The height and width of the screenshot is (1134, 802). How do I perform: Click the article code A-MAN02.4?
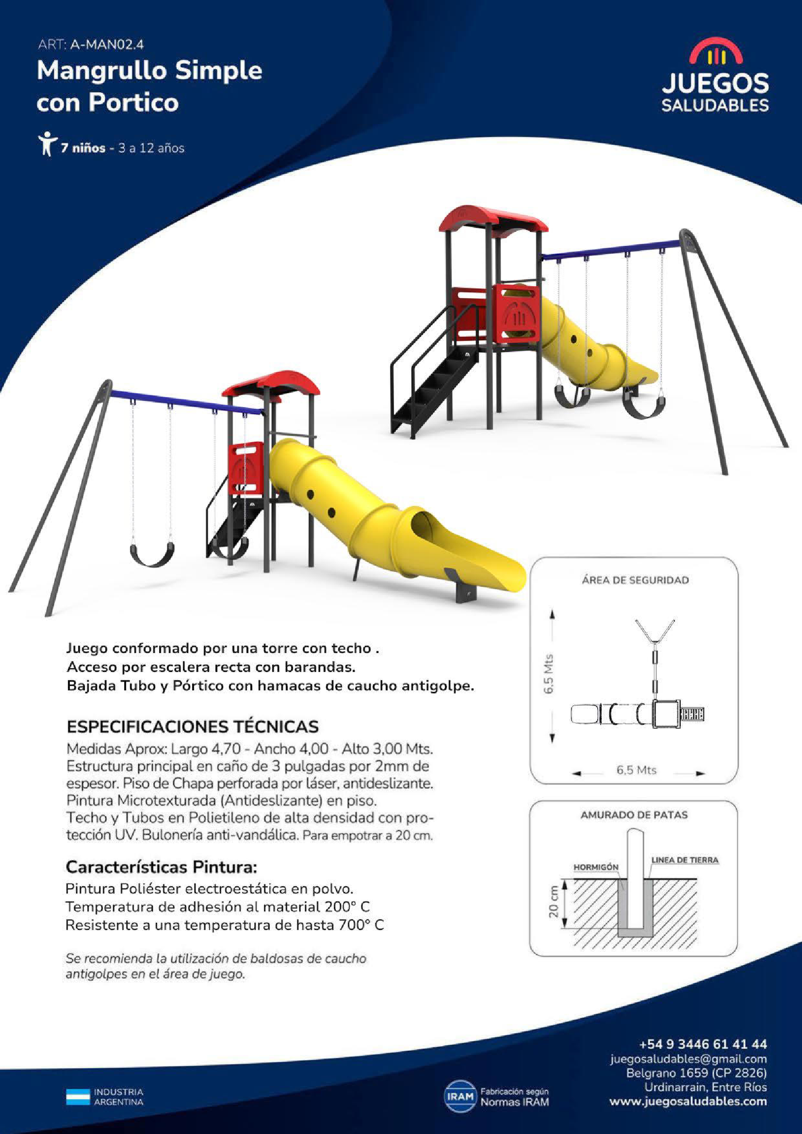click(x=107, y=45)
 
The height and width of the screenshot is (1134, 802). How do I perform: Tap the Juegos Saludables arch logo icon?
click(x=716, y=52)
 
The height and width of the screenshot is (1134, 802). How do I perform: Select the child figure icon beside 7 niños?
click(x=48, y=144)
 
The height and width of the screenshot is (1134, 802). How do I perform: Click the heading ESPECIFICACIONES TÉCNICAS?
click(x=193, y=727)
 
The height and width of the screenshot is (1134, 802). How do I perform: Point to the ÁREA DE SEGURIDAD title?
click(x=635, y=580)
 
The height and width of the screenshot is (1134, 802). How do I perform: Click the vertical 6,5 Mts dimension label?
click(x=549, y=675)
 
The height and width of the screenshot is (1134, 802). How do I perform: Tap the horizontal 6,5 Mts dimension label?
click(x=636, y=770)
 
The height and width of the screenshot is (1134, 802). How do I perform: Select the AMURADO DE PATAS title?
click(x=634, y=815)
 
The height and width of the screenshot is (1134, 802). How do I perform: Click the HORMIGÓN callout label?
click(x=595, y=867)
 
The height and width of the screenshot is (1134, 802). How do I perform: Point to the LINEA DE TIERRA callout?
click(x=685, y=860)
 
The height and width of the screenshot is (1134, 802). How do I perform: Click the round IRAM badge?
click(x=459, y=1097)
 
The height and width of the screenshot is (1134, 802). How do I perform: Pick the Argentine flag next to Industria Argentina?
click(x=78, y=1097)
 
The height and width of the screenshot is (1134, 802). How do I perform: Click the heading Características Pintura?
click(x=162, y=867)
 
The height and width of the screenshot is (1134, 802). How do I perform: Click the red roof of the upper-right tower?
click(x=493, y=220)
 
